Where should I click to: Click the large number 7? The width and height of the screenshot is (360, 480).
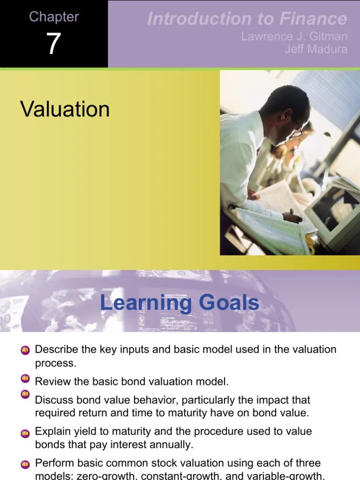(53, 44)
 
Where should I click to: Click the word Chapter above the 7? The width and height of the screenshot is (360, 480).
(54, 17)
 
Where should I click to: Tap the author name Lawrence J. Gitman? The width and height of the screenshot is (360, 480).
(294, 37)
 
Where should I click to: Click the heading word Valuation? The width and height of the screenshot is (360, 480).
(65, 109)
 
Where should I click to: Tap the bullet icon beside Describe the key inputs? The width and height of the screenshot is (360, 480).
(25, 350)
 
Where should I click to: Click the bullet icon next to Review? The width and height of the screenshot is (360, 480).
(25, 378)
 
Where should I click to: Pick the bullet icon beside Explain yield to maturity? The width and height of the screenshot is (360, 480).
(25, 434)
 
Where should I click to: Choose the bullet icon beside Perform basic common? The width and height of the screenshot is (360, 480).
(25, 465)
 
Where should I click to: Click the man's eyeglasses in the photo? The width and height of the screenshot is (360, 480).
(296, 131)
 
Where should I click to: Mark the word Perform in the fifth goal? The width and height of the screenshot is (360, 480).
(52, 464)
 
